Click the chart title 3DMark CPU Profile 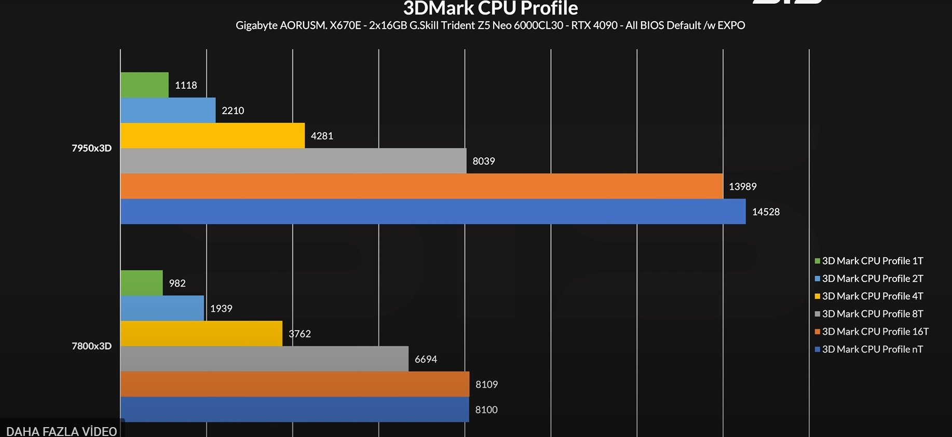tap(490, 8)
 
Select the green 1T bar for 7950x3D tap(144, 85)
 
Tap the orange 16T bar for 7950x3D tap(421, 186)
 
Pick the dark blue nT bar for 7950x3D tap(432, 212)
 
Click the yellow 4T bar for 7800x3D tap(201, 334)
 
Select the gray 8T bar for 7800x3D tap(264, 359)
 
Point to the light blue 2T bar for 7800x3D tap(162, 308)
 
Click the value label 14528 tap(766, 212)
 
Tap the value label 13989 tap(742, 186)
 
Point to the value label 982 tap(177, 283)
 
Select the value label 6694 tap(426, 359)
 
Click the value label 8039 tap(483, 161)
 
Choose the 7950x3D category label tap(91, 148)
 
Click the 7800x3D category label tap(91, 346)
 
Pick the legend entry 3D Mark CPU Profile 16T tap(875, 332)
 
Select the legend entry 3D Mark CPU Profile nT tap(872, 349)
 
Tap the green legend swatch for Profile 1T tap(817, 261)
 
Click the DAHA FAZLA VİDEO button tap(61, 431)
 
